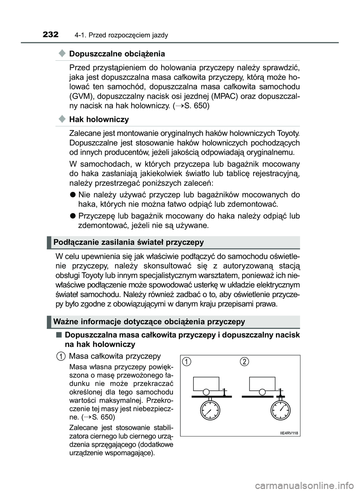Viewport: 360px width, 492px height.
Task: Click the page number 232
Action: click(x=51, y=35)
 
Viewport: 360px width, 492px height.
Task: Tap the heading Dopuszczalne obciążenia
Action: click(x=117, y=54)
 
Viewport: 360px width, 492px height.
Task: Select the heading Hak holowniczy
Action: click(x=99, y=120)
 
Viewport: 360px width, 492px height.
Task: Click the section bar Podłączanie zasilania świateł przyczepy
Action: click(x=129, y=242)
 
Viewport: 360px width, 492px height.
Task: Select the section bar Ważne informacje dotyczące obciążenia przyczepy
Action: click(x=149, y=322)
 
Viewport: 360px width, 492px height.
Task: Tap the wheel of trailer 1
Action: click(x=205, y=392)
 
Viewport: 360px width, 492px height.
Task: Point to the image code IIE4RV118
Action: click(x=289, y=433)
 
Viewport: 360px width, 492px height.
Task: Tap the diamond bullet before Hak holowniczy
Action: click(x=62, y=119)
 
